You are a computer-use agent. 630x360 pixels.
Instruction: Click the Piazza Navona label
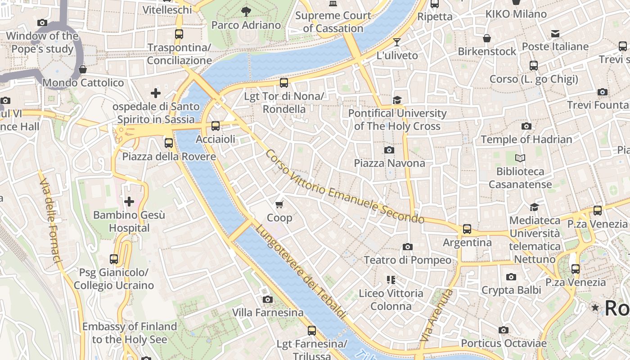389,163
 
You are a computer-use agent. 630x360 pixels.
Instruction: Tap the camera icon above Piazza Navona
389,150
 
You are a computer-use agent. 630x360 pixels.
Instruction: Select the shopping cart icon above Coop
279,205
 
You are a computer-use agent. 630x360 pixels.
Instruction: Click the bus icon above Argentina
467,229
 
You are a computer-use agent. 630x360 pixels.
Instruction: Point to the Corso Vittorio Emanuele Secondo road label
344,187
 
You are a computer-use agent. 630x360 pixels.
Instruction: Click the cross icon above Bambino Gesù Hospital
129,202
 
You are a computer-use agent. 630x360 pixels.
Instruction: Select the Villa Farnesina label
268,312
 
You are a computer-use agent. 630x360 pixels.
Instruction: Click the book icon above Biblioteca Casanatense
520,158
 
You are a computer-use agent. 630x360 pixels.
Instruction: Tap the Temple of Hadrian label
526,139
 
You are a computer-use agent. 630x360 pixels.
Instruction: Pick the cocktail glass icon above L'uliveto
396,43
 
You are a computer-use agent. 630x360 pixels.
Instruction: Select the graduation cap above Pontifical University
397,100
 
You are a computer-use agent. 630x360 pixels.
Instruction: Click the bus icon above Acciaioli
216,126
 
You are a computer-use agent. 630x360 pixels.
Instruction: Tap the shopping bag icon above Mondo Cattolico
83,69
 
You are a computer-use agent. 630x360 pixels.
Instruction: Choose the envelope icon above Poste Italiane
555,34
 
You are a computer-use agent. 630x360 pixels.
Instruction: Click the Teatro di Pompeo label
407,260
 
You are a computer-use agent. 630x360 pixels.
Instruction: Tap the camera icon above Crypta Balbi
511,277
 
